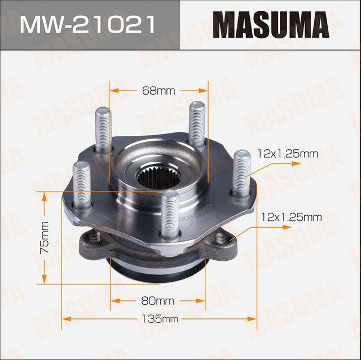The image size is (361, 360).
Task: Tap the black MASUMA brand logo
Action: click(x=271, y=25)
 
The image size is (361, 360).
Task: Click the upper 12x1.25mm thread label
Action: click(x=288, y=153)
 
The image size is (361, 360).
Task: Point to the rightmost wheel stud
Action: click(x=241, y=171)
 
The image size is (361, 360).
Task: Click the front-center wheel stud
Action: click(x=169, y=215)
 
